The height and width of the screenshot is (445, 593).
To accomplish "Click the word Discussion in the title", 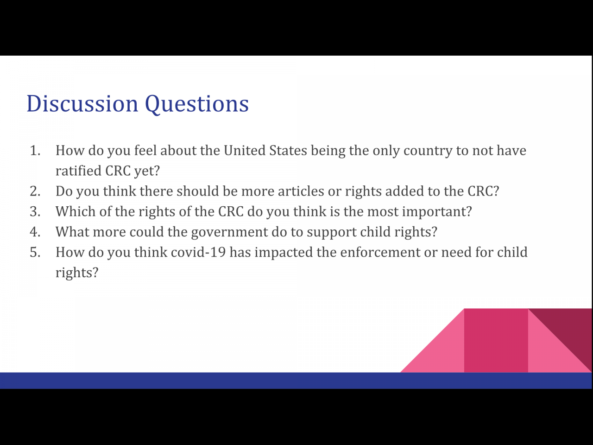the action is pos(82,103).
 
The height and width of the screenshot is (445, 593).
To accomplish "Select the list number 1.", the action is pos(35,151).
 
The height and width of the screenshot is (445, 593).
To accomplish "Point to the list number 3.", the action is pos(35,211).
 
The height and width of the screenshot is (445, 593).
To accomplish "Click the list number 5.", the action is pos(35,252).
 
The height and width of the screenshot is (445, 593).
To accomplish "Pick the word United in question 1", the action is pos(245,150).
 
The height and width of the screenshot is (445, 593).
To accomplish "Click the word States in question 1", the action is pos(288,150).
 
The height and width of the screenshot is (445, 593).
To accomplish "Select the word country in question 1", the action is pos(428,151).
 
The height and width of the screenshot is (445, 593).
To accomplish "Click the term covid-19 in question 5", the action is pos(198,252).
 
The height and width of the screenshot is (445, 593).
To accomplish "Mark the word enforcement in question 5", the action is pos(380,252).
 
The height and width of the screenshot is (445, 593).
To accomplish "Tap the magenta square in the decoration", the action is pos(496,340).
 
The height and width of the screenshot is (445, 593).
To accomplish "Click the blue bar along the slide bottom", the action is pos(296,381).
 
